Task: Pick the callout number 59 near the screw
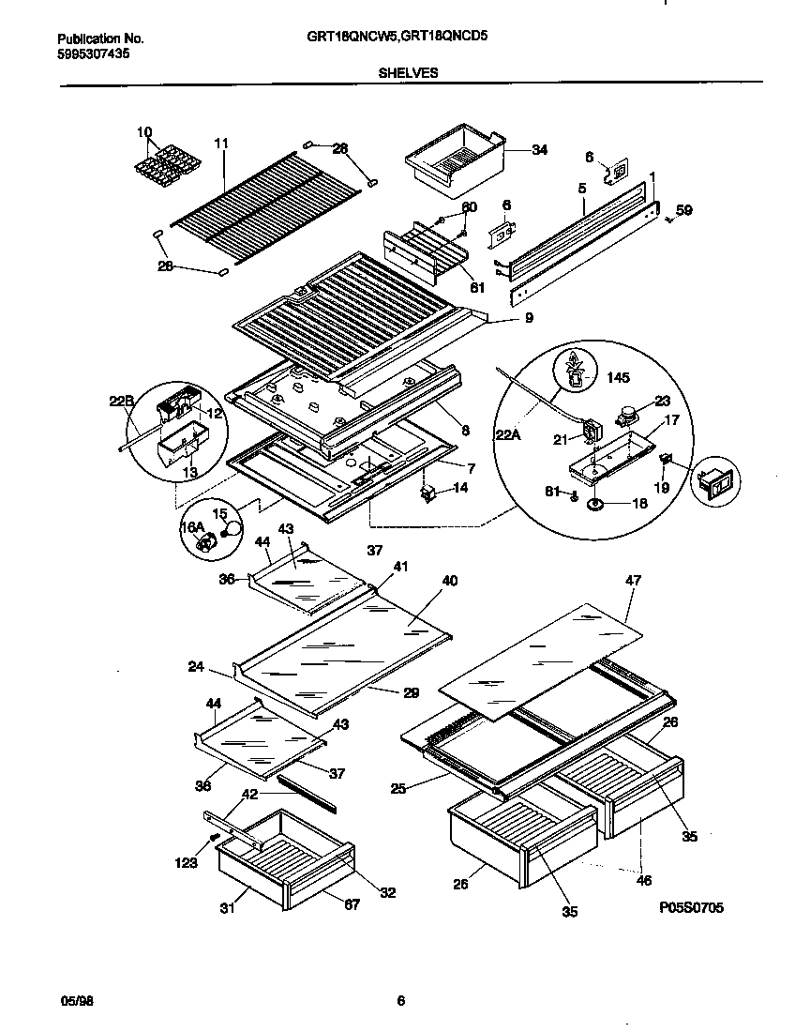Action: coord(684,211)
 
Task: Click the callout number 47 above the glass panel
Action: coord(633,581)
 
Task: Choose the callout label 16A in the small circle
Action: coord(191,529)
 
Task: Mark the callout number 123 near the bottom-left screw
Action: coord(186,862)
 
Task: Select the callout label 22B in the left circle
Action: coord(123,401)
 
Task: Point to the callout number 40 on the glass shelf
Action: coord(449,581)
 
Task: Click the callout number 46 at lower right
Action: coord(643,881)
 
